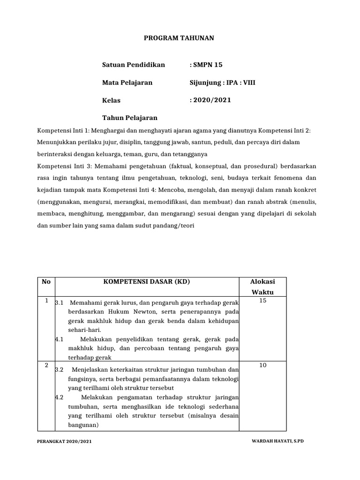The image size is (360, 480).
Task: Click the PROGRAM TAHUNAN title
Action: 178,38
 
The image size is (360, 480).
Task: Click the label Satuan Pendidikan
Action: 134,65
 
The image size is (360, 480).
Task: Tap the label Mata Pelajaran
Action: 127,82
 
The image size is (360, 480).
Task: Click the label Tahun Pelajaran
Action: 130,118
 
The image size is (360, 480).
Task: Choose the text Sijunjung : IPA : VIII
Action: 223,82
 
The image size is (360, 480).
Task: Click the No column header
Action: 46,282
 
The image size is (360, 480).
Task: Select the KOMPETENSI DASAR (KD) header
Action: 147,282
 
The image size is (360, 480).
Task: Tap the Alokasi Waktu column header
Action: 262,286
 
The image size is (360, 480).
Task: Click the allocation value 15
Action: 262,300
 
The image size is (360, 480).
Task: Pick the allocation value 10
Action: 262,365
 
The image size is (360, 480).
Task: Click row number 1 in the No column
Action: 46,300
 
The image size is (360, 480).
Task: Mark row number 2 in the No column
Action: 46,365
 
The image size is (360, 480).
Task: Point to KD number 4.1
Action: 59,339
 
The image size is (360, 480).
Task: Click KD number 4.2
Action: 59,397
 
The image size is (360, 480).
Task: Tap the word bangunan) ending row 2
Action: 83,426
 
